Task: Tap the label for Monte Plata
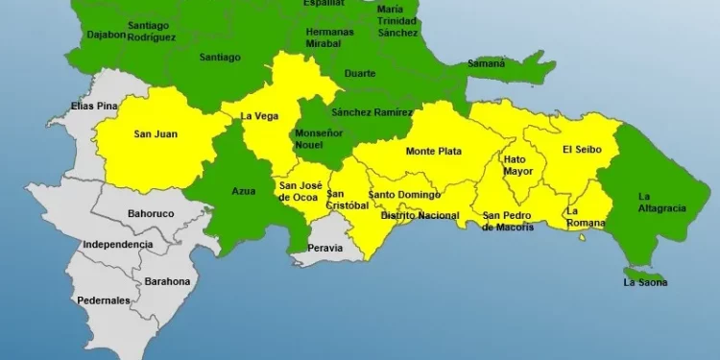click(x=433, y=152)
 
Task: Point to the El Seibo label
click(x=581, y=149)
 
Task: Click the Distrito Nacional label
click(x=420, y=215)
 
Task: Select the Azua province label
click(x=244, y=191)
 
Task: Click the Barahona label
click(x=167, y=281)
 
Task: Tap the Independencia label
click(x=117, y=245)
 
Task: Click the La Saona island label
click(x=645, y=282)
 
